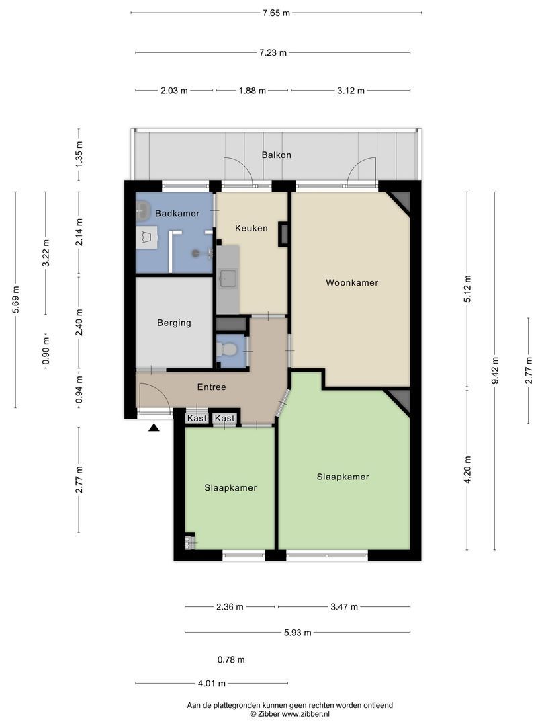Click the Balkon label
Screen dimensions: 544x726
coord(276,155)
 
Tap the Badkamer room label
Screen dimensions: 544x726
coord(177,214)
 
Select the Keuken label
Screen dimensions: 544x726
coord(251,228)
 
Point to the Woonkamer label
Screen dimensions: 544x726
coord(351,282)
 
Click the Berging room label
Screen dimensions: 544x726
coord(174,323)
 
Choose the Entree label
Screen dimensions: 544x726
coord(212,387)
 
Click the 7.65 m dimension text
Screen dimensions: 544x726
coord(276,13)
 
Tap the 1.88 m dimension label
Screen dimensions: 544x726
coord(252,91)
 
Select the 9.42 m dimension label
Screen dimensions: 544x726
coord(494,370)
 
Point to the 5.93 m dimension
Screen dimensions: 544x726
coord(298,633)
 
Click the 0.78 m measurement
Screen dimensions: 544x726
coord(231,660)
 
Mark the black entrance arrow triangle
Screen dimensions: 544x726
coord(154,428)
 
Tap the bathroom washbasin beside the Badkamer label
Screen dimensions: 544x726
coord(143,210)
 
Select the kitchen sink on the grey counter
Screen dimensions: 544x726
coord(228,278)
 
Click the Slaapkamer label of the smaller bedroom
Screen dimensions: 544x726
coord(230,487)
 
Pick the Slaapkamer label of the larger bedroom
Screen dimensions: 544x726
coord(343,477)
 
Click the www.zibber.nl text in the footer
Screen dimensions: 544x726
coord(306,714)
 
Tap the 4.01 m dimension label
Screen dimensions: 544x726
coord(212,684)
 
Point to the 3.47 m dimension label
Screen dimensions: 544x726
coord(344,606)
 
